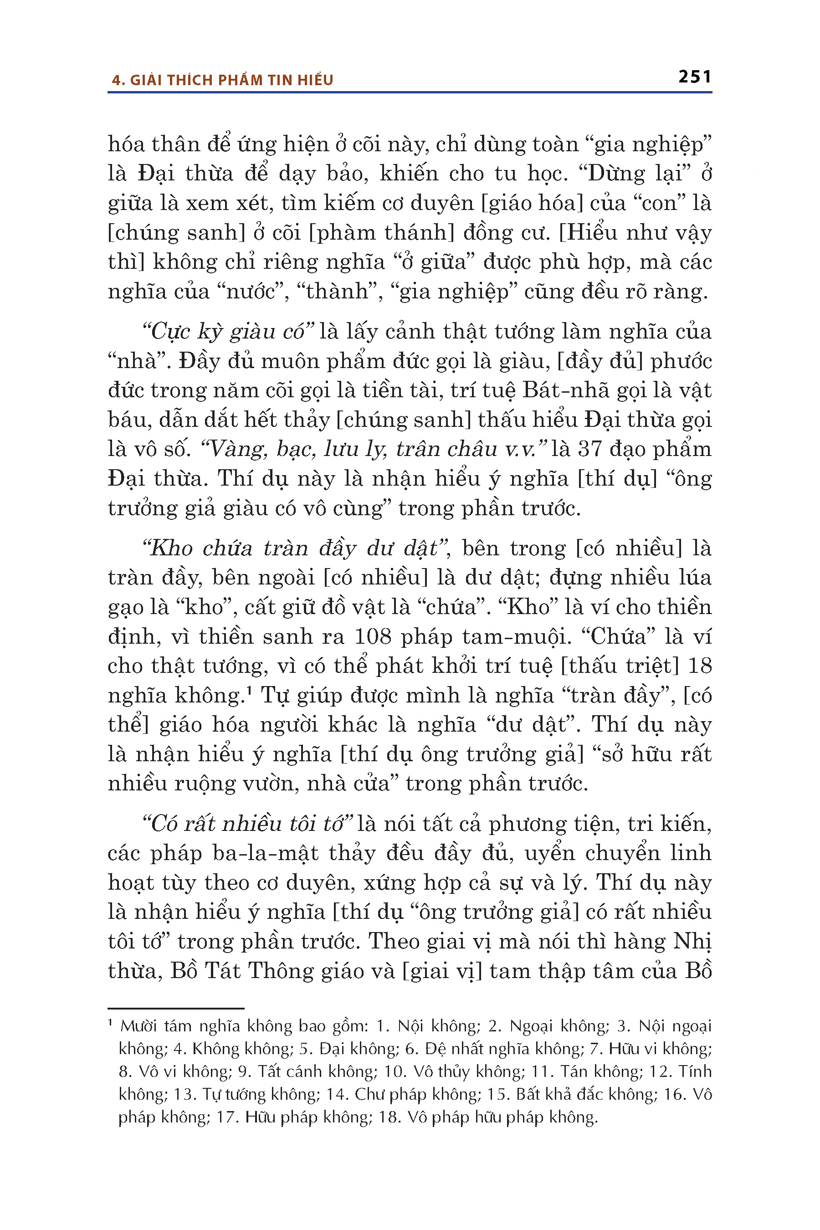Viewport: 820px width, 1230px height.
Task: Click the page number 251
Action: (x=694, y=77)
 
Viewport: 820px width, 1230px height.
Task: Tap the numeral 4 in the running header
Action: (x=116, y=81)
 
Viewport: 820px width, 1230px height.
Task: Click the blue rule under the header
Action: (x=410, y=92)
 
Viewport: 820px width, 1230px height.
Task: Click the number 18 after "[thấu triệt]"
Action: (x=700, y=665)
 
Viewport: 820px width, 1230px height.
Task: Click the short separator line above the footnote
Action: (x=176, y=1008)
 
